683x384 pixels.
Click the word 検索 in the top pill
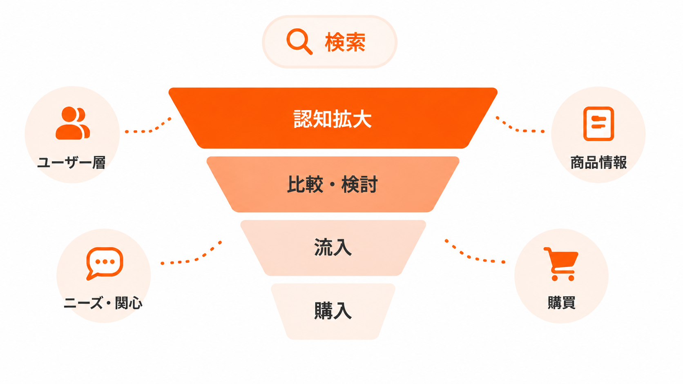(x=345, y=42)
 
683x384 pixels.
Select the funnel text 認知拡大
(x=333, y=119)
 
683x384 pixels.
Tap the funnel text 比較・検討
(x=333, y=184)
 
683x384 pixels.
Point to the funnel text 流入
(x=333, y=247)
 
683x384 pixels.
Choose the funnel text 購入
(x=333, y=311)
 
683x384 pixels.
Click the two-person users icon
(x=73, y=123)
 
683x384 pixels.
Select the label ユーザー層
(x=71, y=162)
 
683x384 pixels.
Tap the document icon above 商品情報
(x=598, y=124)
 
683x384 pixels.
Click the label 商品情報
(x=598, y=162)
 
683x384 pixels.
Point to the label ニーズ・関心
(x=103, y=303)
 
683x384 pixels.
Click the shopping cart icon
(x=561, y=264)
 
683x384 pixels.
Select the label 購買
(x=562, y=303)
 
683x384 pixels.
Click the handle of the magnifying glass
(x=307, y=49)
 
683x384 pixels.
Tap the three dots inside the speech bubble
(x=105, y=262)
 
